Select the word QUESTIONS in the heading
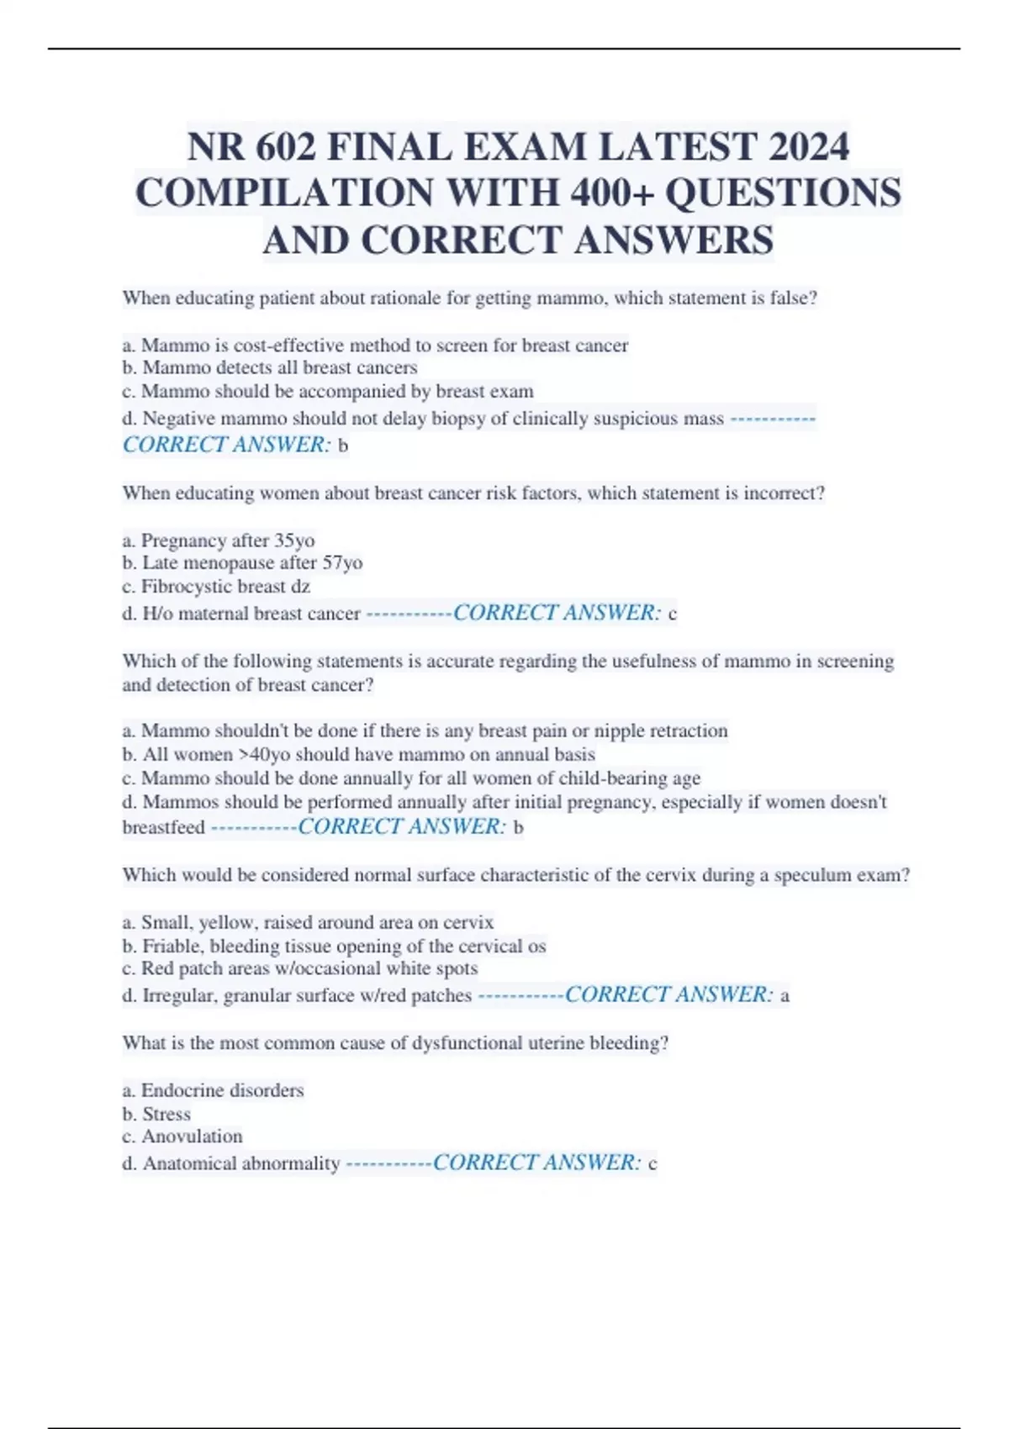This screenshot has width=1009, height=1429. [x=783, y=192]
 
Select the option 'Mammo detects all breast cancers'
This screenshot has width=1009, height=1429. [x=270, y=368]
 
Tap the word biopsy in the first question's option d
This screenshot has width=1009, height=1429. [x=458, y=419]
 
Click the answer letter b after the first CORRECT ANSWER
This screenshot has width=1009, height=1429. [x=342, y=446]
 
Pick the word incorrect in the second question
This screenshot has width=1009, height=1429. [x=781, y=493]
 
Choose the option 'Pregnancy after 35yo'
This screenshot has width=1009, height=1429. [x=219, y=540]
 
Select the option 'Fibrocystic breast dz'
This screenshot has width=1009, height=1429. [x=217, y=587]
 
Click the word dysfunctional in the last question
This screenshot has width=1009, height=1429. [x=469, y=1043]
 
